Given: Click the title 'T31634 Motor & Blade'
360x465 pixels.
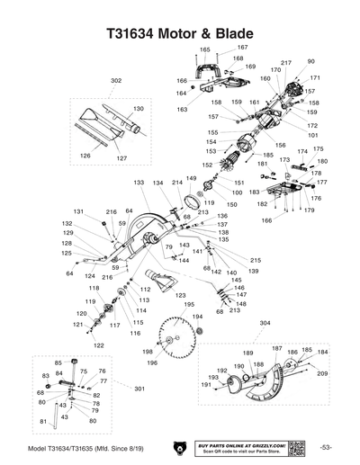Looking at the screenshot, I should (x=179, y=34).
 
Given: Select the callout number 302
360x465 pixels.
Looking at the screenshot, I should (x=115, y=81).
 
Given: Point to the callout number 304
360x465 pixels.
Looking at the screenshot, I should (x=264, y=322).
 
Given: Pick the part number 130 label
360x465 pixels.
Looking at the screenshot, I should (x=139, y=108).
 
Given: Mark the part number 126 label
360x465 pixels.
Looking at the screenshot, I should (x=85, y=156).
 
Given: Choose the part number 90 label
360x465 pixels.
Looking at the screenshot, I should (x=311, y=61).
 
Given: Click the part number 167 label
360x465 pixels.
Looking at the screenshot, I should (x=242, y=47).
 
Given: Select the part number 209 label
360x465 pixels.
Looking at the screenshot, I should (x=321, y=373).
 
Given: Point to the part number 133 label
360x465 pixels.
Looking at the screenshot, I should (x=139, y=183).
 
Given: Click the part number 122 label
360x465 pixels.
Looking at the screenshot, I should (x=98, y=344).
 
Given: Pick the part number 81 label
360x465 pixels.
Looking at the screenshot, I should (x=42, y=421).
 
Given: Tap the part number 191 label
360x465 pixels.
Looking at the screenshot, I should (x=206, y=384).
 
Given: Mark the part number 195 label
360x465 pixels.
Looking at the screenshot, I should (x=188, y=304).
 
